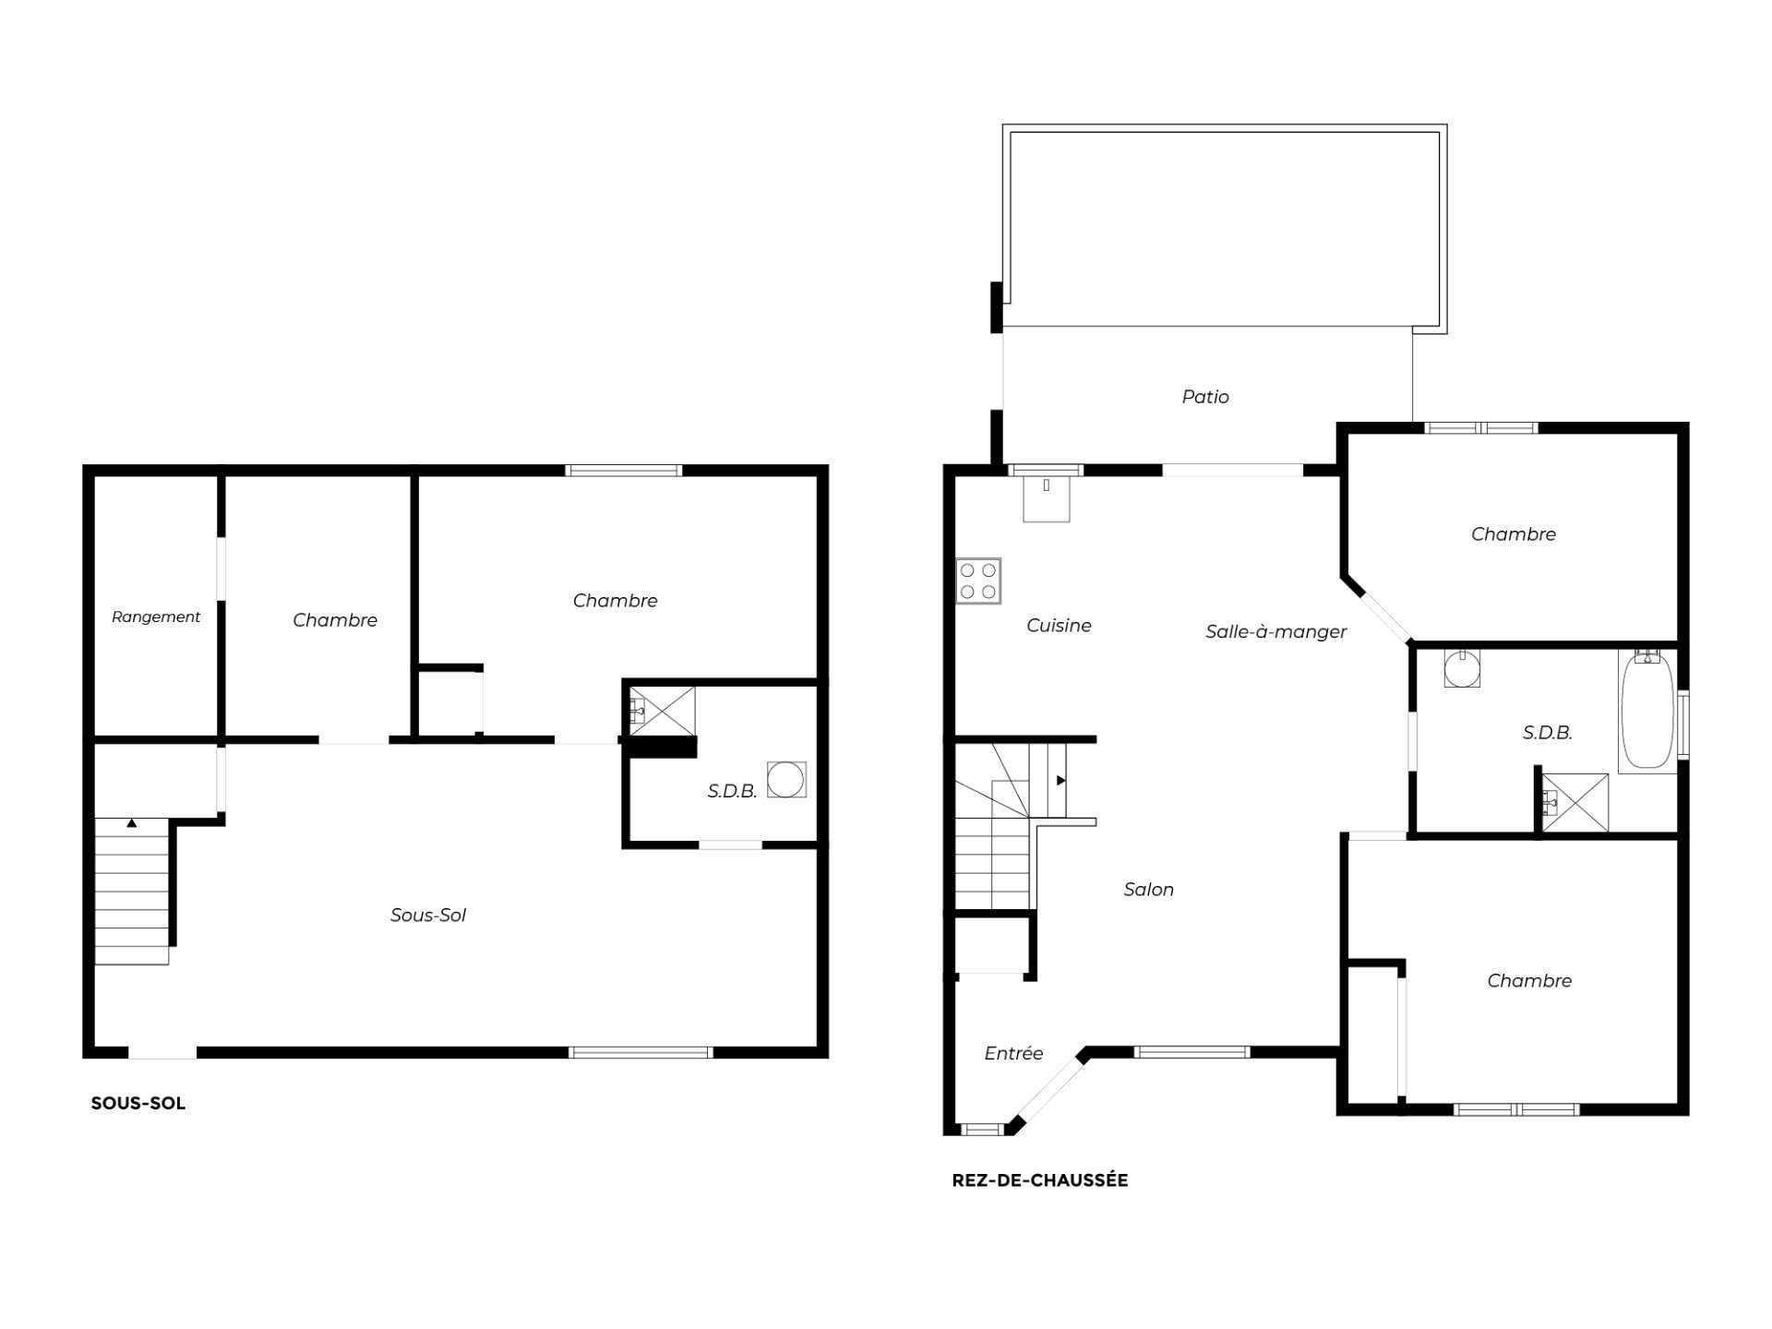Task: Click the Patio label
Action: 1205,397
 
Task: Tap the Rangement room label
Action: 156,617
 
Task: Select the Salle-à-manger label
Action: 1276,632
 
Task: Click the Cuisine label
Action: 1059,626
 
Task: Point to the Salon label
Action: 1149,890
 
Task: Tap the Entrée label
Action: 1013,1053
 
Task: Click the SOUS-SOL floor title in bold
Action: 138,1103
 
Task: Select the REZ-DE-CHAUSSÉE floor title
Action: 1040,1180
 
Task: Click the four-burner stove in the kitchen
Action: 979,581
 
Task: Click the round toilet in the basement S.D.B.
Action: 786,780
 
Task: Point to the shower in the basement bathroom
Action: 662,711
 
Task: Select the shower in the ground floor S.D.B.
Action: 1575,803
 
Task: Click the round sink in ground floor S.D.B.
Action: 1462,668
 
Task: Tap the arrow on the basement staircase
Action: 132,822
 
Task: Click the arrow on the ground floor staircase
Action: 1061,781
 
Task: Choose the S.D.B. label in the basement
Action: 733,792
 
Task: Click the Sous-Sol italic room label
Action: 428,916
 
